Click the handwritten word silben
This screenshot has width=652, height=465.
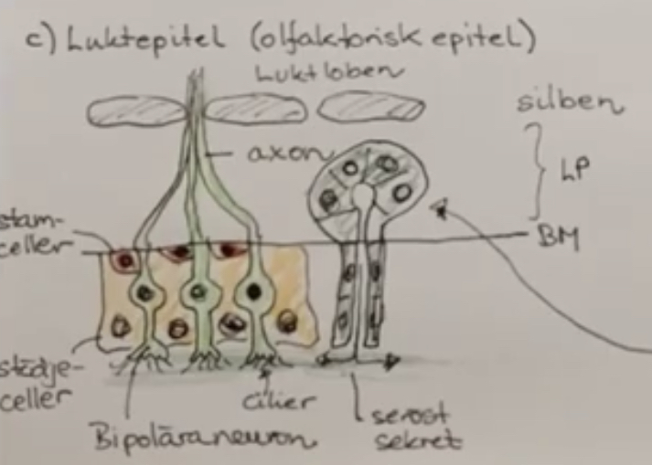pos(569,102)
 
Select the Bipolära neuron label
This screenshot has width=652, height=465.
pos(200,439)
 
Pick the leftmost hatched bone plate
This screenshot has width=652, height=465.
pos(136,111)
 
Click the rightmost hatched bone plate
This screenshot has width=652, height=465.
pos(370,108)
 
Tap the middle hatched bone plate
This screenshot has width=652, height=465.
pos(255,110)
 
